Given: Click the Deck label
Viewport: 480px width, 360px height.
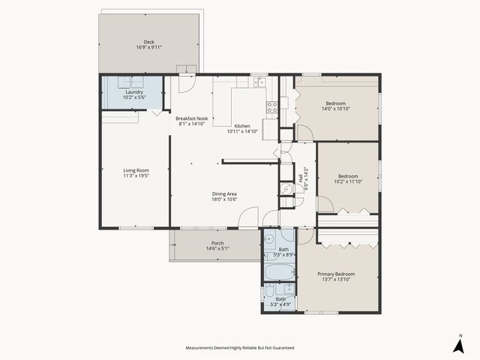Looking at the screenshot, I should [x=149, y=41].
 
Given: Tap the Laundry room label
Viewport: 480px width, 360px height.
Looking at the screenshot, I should [x=134, y=91].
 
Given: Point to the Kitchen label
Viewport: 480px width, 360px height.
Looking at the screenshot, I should [x=242, y=125].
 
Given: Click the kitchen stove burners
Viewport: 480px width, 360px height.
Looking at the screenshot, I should [x=272, y=106].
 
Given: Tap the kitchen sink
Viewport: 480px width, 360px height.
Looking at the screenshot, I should [x=259, y=82].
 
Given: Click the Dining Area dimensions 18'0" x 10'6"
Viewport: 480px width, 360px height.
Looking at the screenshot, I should [x=224, y=199].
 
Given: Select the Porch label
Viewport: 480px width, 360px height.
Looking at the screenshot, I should [x=217, y=243].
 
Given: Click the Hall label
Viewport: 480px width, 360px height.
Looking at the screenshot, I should [x=301, y=180].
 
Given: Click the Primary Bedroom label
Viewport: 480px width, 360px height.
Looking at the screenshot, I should [x=337, y=274].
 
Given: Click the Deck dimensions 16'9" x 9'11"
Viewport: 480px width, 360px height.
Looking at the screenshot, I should [x=149, y=47].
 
